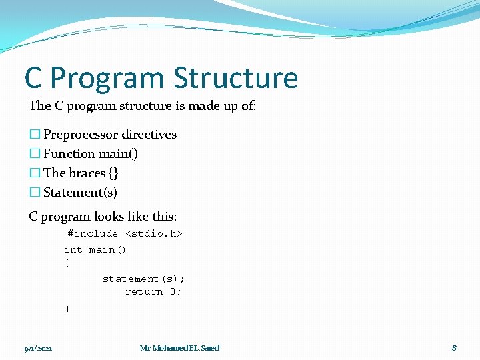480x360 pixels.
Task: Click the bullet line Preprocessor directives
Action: pyautogui.click(x=110, y=135)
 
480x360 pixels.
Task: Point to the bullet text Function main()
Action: pyautogui.click(x=91, y=154)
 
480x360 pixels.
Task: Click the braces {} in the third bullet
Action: pyautogui.click(x=113, y=173)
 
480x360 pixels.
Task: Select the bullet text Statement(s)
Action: pyautogui.click(x=80, y=193)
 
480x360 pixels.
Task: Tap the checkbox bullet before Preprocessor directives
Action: pyautogui.click(x=35, y=135)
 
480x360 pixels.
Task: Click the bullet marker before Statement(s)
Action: pyautogui.click(x=35, y=193)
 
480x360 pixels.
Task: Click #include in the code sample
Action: pyautogui.click(x=93, y=234)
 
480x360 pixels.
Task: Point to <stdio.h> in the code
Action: pyautogui.click(x=154, y=234)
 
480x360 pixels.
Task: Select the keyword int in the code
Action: pyautogui.click(x=73, y=250)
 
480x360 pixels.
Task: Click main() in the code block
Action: pyautogui.click(x=107, y=250)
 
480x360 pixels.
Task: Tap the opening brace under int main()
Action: pyautogui.click(x=67, y=263)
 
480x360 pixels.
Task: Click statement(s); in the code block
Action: pyautogui.click(x=143, y=279)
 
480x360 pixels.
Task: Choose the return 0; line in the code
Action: pyautogui.click(x=153, y=292)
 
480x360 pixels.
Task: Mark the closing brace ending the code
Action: pyautogui.click(x=67, y=309)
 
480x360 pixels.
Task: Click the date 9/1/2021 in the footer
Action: pyautogui.click(x=39, y=349)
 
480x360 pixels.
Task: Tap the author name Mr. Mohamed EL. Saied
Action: pyautogui.click(x=179, y=348)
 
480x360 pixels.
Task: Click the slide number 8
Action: pyautogui.click(x=454, y=348)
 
